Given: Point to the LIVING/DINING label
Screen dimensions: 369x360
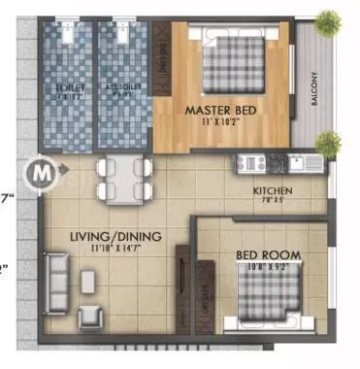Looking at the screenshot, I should tap(115, 236).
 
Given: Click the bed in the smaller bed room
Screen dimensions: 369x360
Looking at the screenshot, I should tap(268, 297).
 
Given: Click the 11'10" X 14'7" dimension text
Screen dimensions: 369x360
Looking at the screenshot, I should tap(115, 250).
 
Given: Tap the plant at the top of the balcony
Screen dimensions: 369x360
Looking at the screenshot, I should tap(329, 20).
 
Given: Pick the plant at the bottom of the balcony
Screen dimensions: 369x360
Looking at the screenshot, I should tap(328, 144).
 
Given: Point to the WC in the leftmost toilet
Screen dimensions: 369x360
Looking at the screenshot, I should tap(69, 33).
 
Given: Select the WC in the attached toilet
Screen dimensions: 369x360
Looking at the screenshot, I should tap(123, 33).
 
